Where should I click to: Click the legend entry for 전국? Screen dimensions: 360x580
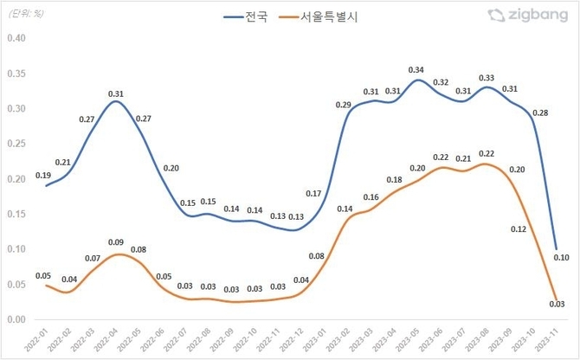tap(250, 16)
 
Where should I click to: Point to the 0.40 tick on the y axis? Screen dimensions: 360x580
tap(16, 38)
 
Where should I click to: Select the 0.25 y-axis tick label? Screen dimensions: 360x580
tap(16, 144)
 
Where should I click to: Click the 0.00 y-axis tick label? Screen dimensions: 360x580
tap(16, 319)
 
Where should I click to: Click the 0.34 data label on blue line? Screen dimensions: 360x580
tap(416, 70)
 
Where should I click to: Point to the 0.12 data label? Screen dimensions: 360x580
tap(519, 229)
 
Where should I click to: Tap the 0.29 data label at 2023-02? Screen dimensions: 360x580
tap(344, 105)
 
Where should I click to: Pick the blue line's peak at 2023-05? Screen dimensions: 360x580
tap(417, 80)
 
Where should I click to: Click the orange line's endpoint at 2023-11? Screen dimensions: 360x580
tap(554, 300)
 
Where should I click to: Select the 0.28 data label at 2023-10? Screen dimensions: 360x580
tap(541, 113)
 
